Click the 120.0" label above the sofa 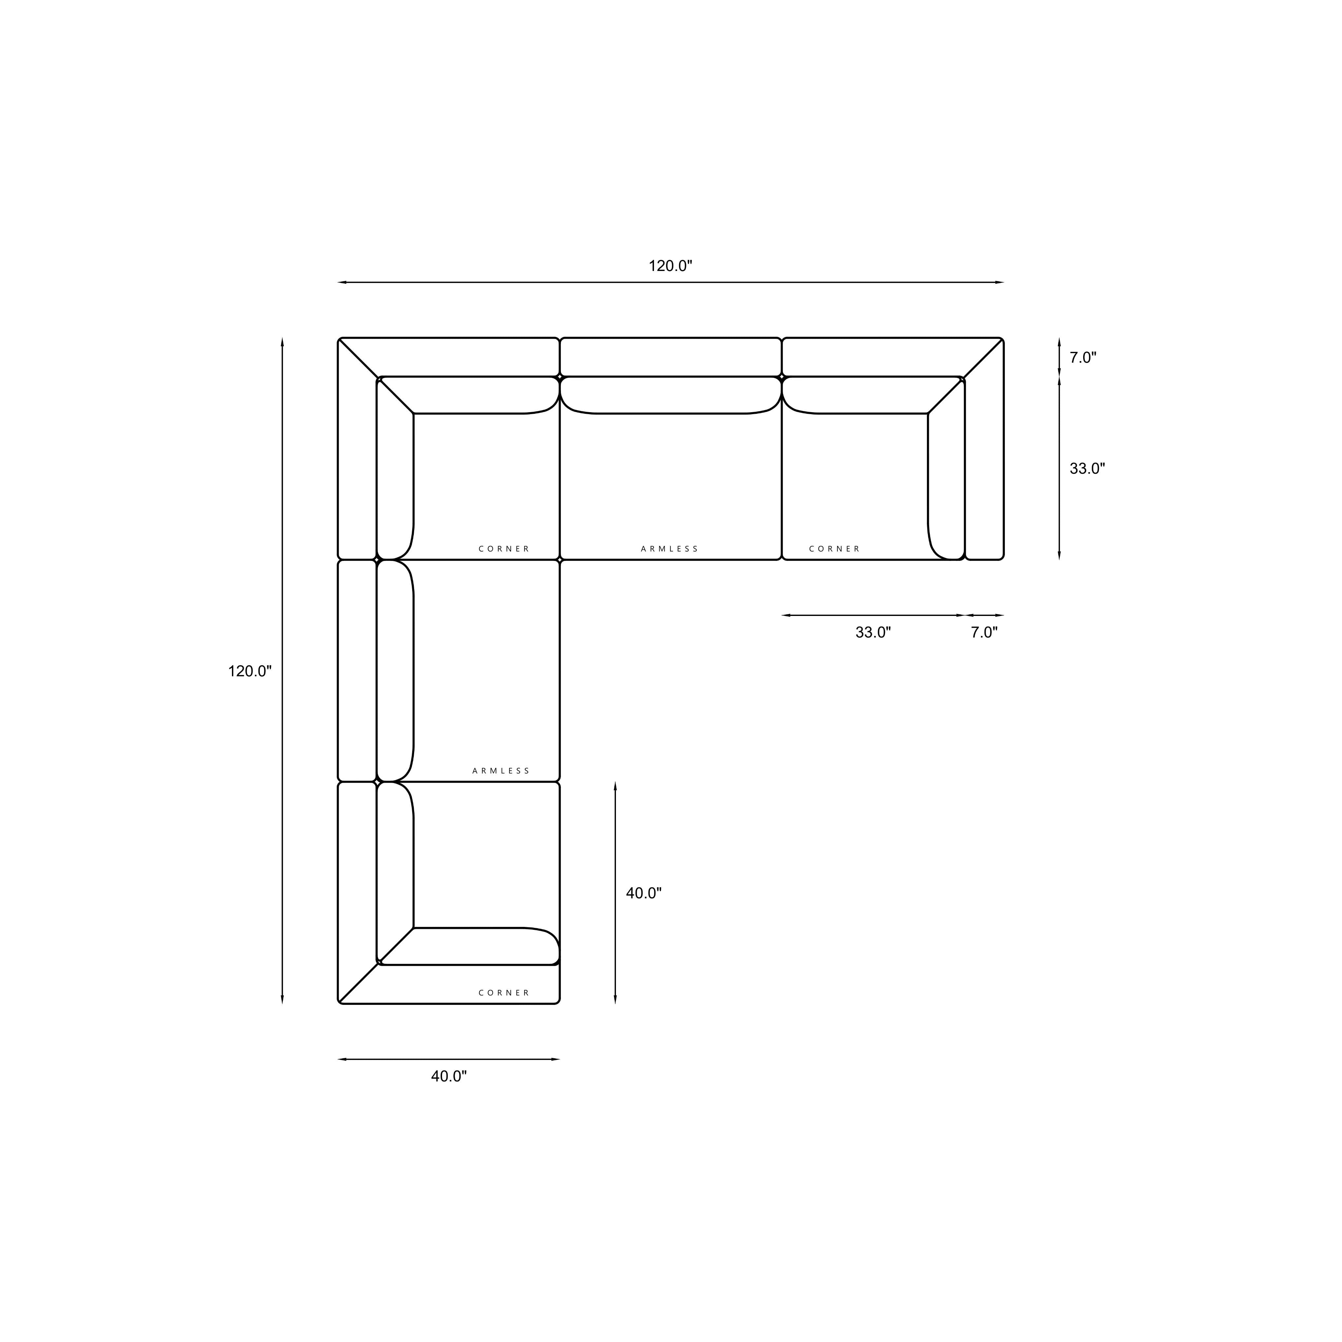[x=670, y=266]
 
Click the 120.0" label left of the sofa [x=250, y=671]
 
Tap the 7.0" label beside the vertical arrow [x=1083, y=358]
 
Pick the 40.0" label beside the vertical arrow [x=644, y=893]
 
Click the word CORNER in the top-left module [x=504, y=549]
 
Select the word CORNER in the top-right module [x=834, y=549]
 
